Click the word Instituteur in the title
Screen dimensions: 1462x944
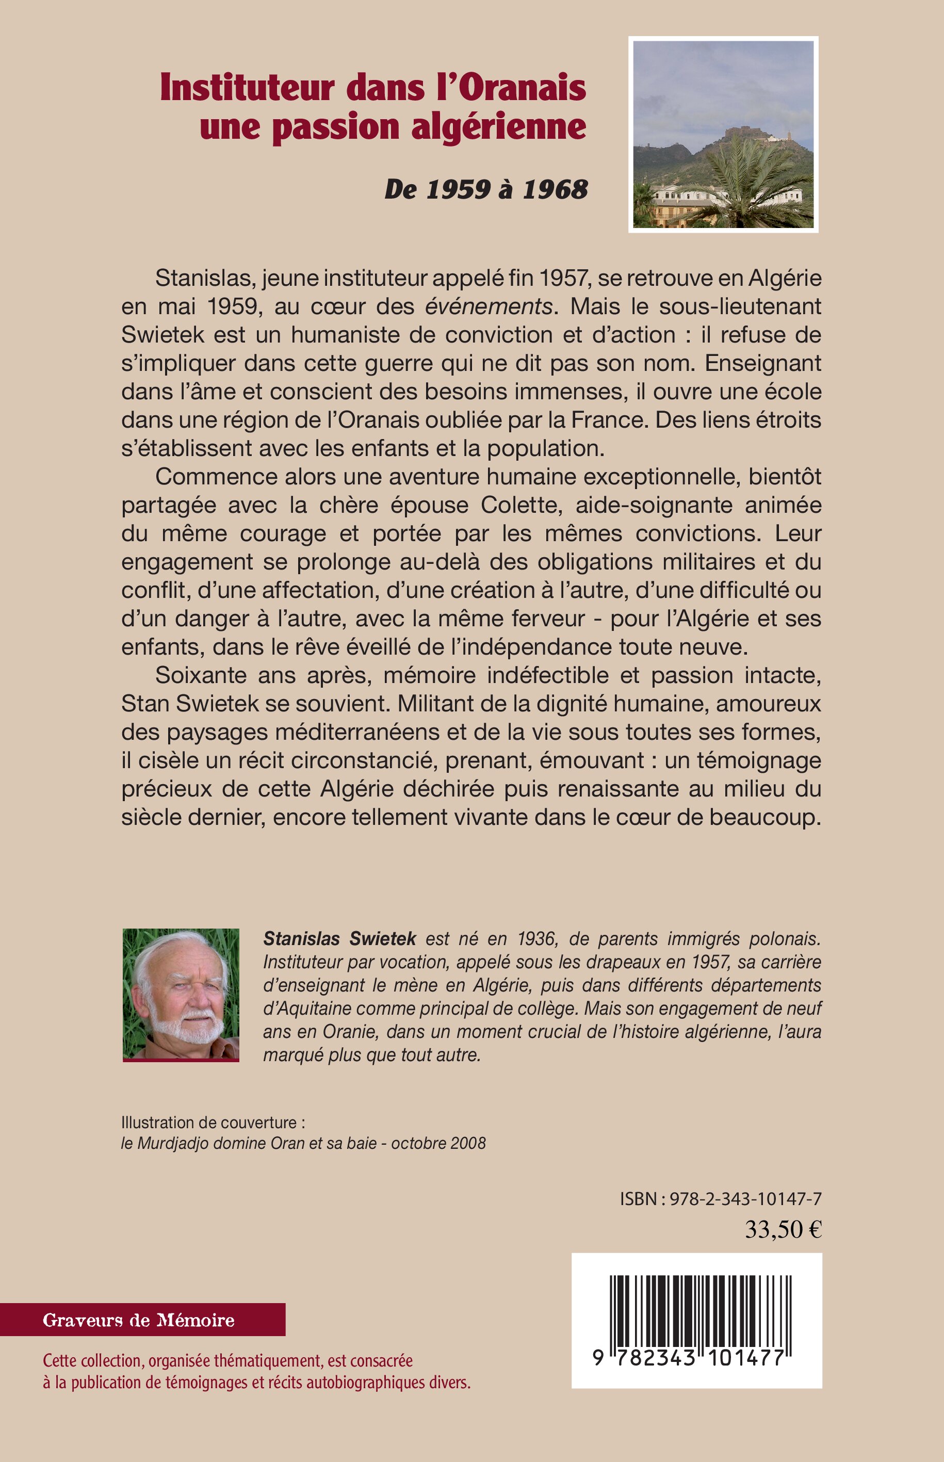248,88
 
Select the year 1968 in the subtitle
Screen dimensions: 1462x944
556,189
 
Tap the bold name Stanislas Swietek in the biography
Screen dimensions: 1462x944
339,938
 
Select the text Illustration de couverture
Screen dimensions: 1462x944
209,1123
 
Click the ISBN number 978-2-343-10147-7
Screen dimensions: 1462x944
745,1199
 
